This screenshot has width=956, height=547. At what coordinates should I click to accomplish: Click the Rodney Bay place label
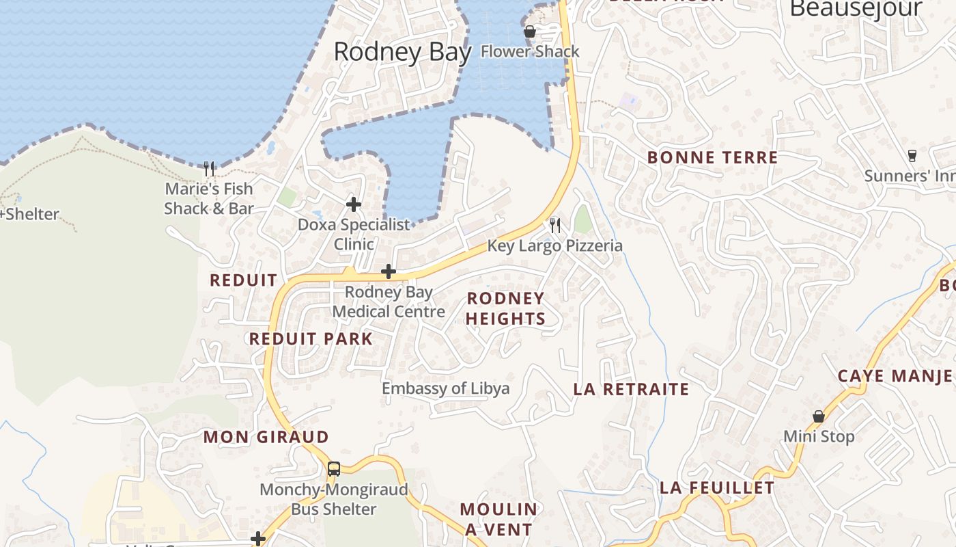402,52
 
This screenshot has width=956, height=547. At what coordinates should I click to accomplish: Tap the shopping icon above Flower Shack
529,31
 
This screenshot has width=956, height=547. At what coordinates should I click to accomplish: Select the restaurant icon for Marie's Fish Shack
209,168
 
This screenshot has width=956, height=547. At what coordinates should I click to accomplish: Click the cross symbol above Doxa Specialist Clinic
354,204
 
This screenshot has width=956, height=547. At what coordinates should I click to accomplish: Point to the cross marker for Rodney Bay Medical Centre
389,271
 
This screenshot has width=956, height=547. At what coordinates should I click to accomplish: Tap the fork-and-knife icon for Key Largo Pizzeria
555,225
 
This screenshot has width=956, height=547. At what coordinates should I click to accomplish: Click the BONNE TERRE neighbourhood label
712,157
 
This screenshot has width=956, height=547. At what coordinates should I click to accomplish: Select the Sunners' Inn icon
912,156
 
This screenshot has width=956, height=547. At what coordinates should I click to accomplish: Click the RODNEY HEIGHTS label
505,308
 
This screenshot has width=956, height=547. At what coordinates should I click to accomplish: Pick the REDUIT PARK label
311,339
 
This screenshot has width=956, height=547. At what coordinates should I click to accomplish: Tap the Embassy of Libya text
445,388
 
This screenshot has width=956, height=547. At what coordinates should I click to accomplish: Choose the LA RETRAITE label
631,390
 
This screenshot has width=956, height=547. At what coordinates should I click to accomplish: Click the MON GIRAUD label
266,437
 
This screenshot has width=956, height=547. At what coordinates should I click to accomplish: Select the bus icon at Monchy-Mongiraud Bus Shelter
333,469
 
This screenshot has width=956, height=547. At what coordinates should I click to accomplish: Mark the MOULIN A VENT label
498,519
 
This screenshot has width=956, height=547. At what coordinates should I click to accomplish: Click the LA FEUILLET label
717,488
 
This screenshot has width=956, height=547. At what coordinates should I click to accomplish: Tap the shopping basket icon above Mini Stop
818,416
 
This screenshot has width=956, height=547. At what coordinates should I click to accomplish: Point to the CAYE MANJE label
895,376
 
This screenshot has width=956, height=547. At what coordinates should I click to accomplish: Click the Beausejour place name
856,9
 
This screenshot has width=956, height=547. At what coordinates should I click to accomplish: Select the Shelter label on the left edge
30,214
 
